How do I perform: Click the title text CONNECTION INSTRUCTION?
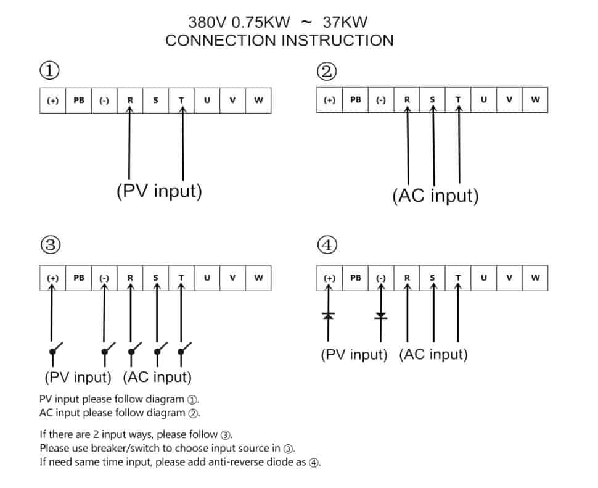pyautogui.click(x=279, y=41)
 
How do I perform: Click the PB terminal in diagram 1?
pyautogui.click(x=79, y=100)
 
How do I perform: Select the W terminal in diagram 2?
pyautogui.click(x=535, y=99)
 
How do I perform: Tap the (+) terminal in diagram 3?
pyautogui.click(x=53, y=278)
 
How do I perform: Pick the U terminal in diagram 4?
pyautogui.click(x=483, y=278)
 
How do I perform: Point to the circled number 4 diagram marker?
pyautogui.click(x=327, y=245)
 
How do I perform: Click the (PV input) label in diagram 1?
pyautogui.click(x=159, y=191)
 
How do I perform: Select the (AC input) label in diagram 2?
pyautogui.click(x=435, y=196)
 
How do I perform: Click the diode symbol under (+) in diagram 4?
pyautogui.click(x=329, y=316)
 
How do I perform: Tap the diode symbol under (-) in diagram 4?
pyautogui.click(x=381, y=316)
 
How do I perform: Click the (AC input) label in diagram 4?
pyautogui.click(x=433, y=355)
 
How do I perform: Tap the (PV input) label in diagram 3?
pyautogui.click(x=78, y=376)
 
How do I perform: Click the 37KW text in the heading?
pyautogui.click(x=345, y=22)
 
